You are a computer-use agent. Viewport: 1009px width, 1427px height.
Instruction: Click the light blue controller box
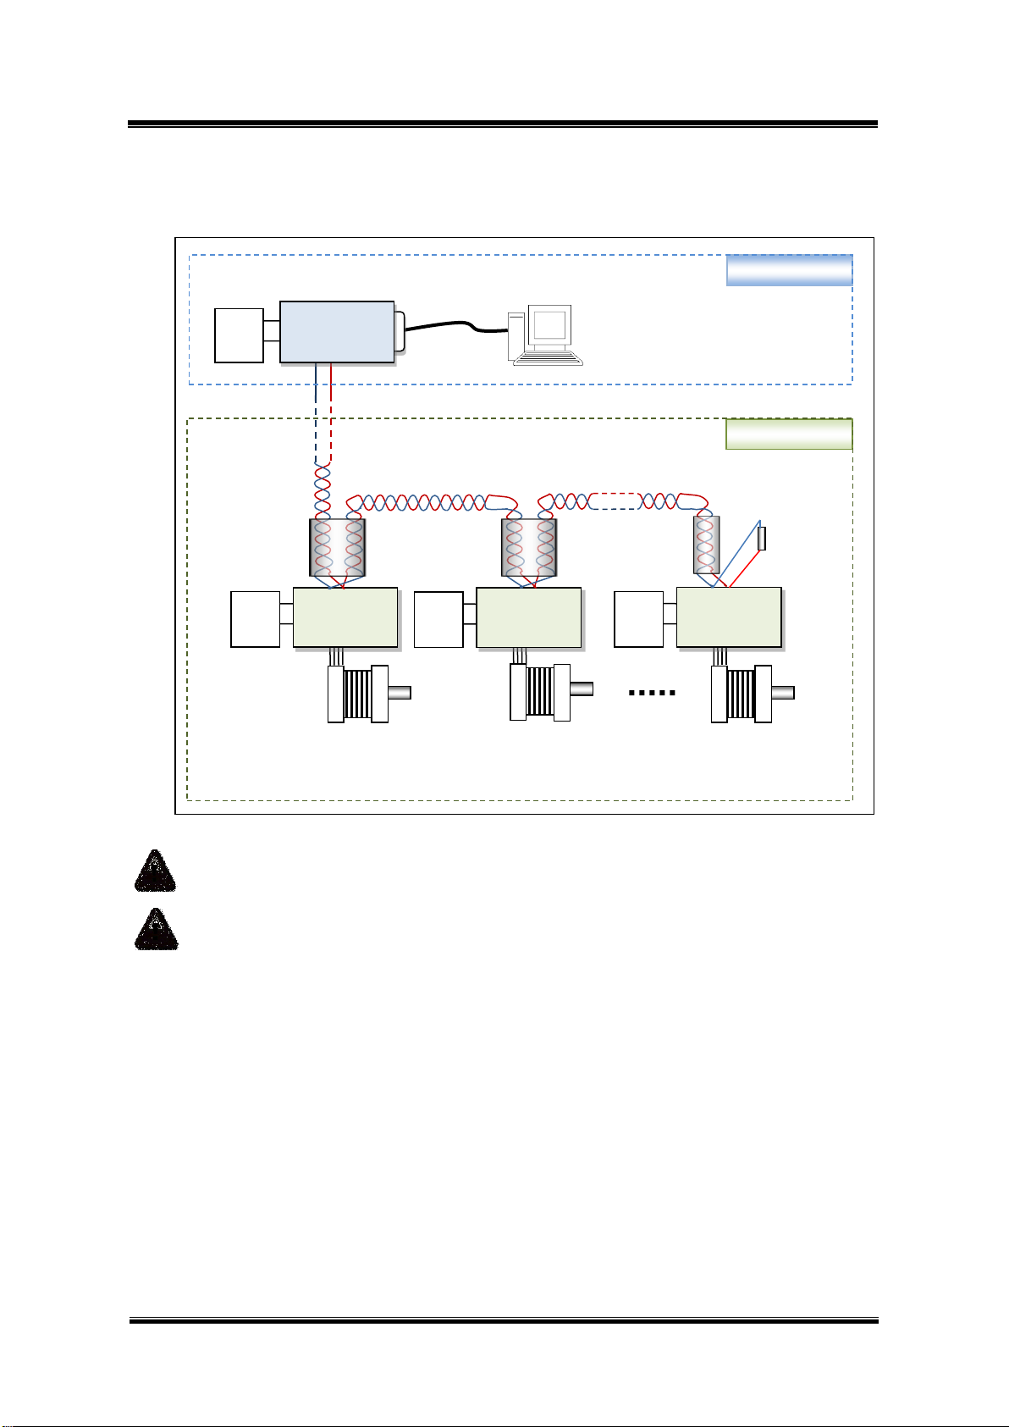point(337,332)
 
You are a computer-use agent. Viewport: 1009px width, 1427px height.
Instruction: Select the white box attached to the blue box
point(239,335)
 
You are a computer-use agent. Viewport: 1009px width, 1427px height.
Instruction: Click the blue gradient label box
point(789,270)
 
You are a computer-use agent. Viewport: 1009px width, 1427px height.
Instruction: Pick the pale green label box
point(789,434)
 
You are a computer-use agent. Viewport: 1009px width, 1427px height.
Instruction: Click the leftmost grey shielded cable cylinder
point(337,547)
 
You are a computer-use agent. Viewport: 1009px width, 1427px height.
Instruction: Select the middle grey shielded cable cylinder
point(529,547)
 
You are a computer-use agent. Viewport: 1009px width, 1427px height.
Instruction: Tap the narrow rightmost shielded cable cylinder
point(706,545)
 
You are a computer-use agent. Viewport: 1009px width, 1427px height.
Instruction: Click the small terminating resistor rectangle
point(762,539)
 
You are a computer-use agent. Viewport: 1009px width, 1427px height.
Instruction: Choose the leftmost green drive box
point(345,617)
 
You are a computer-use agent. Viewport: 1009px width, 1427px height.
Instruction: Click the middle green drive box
point(529,617)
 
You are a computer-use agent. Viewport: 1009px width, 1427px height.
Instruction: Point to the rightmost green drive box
point(729,617)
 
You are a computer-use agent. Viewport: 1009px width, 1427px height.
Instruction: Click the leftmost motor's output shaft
point(400,693)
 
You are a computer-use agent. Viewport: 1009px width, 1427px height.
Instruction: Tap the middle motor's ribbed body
point(540,692)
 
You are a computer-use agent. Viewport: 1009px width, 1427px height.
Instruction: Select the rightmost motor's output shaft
point(783,693)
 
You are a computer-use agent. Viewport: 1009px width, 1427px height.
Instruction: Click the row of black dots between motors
point(652,693)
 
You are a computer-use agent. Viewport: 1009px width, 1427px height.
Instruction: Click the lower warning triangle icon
point(156,929)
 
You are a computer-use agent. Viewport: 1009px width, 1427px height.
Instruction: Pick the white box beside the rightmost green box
point(638,619)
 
